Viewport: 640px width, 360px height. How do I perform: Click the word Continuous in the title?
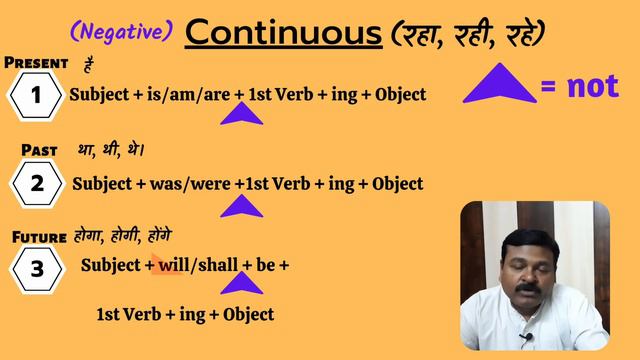[x=284, y=32]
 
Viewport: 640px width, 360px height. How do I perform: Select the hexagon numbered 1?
[x=36, y=97]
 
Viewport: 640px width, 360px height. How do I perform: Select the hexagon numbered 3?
[x=36, y=269]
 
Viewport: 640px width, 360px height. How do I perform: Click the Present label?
[x=36, y=63]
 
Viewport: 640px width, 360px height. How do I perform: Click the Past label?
[x=42, y=149]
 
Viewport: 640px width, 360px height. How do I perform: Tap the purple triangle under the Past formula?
[x=241, y=205]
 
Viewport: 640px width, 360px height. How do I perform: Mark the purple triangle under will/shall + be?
[x=241, y=283]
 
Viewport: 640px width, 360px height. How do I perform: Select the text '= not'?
[x=579, y=87]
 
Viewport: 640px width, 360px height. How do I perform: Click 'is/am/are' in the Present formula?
[x=192, y=95]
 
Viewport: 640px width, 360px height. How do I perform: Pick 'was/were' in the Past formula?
[x=191, y=184]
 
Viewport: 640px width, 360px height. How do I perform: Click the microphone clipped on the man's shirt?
[x=524, y=337]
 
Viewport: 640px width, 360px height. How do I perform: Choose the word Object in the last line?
[x=248, y=314]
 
